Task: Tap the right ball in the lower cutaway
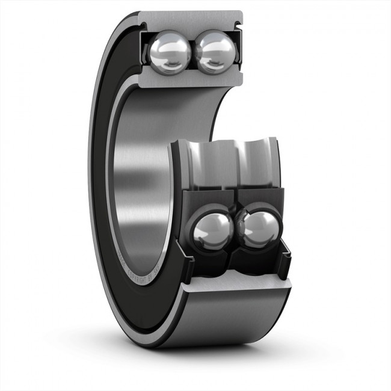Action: [258, 230]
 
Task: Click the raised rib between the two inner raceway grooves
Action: [236, 158]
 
